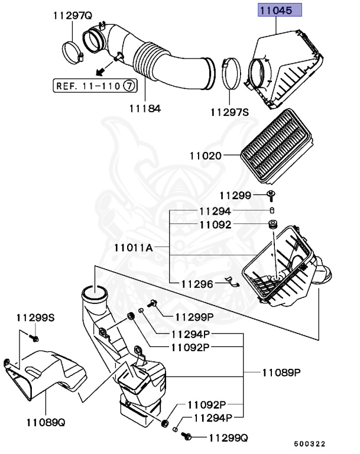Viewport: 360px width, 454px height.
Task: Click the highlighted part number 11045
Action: [x=279, y=10]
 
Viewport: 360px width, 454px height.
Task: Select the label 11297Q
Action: [x=72, y=15]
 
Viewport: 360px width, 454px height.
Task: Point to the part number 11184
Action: [x=145, y=109]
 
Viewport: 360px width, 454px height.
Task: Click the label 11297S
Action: [x=230, y=111]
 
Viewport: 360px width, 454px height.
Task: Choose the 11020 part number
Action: [x=205, y=156]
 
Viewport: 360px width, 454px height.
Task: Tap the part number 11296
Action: [x=197, y=284]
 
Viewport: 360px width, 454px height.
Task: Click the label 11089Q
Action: [x=45, y=422]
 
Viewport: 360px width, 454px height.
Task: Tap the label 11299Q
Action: [x=226, y=437]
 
